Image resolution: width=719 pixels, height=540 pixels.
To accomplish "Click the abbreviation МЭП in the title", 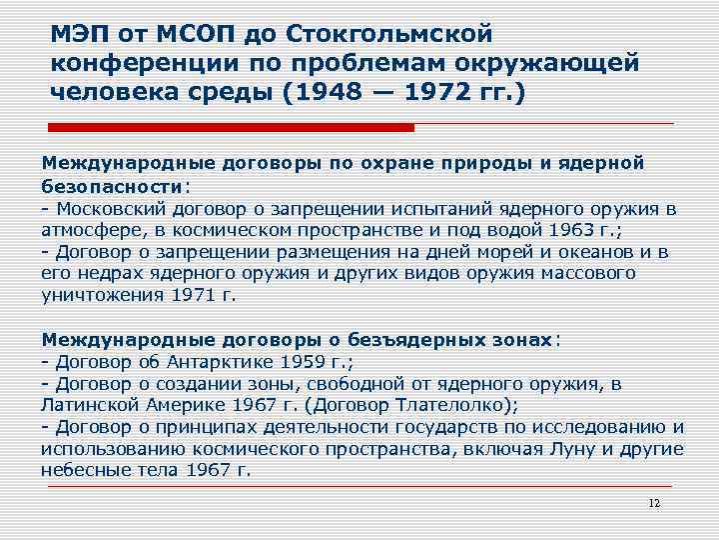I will click(x=82, y=35).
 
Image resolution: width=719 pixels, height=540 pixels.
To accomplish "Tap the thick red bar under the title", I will click(x=232, y=128).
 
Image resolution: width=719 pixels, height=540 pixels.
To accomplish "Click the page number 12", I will click(x=654, y=502).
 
